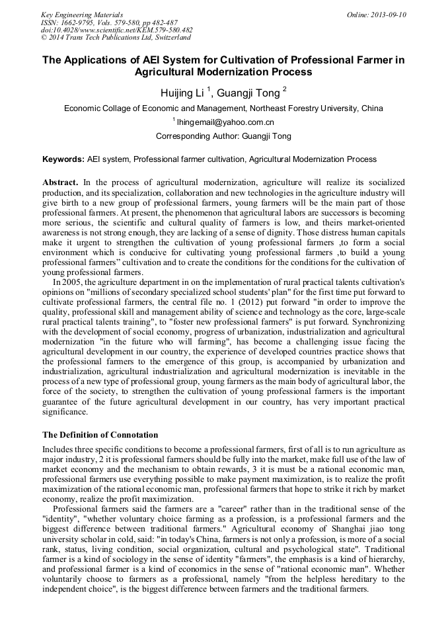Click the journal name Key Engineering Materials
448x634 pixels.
point(81,15)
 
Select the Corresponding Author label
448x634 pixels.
point(190,136)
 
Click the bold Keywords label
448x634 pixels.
point(63,159)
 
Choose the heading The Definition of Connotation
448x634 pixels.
point(100,435)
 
